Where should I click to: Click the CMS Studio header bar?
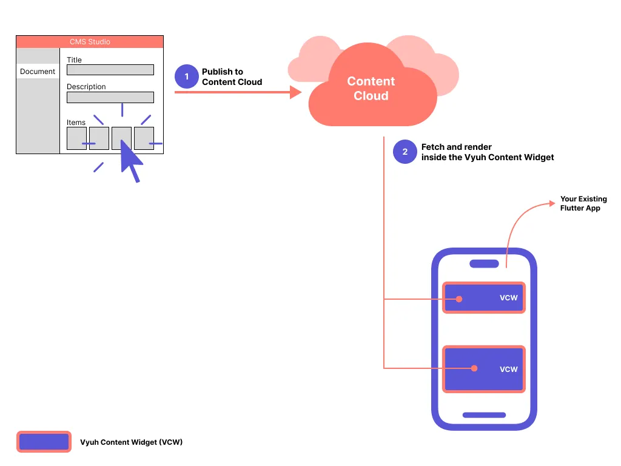90,42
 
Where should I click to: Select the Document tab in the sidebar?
38,72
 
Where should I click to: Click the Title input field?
110,70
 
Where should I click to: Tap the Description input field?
110,97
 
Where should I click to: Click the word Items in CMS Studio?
76,123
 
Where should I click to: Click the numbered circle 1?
187,76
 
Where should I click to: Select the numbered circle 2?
405,152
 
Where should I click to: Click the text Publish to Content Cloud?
232,76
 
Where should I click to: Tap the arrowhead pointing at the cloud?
296,92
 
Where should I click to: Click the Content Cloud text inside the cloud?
371,89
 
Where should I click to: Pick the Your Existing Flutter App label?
583,203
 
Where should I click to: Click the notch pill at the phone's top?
484,263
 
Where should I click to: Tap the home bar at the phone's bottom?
484,415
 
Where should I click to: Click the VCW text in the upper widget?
508,298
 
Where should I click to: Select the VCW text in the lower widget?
508,369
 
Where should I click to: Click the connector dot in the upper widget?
460,299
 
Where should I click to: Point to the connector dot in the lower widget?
475,368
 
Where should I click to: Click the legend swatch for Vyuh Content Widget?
44,442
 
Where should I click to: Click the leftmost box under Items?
76,138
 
